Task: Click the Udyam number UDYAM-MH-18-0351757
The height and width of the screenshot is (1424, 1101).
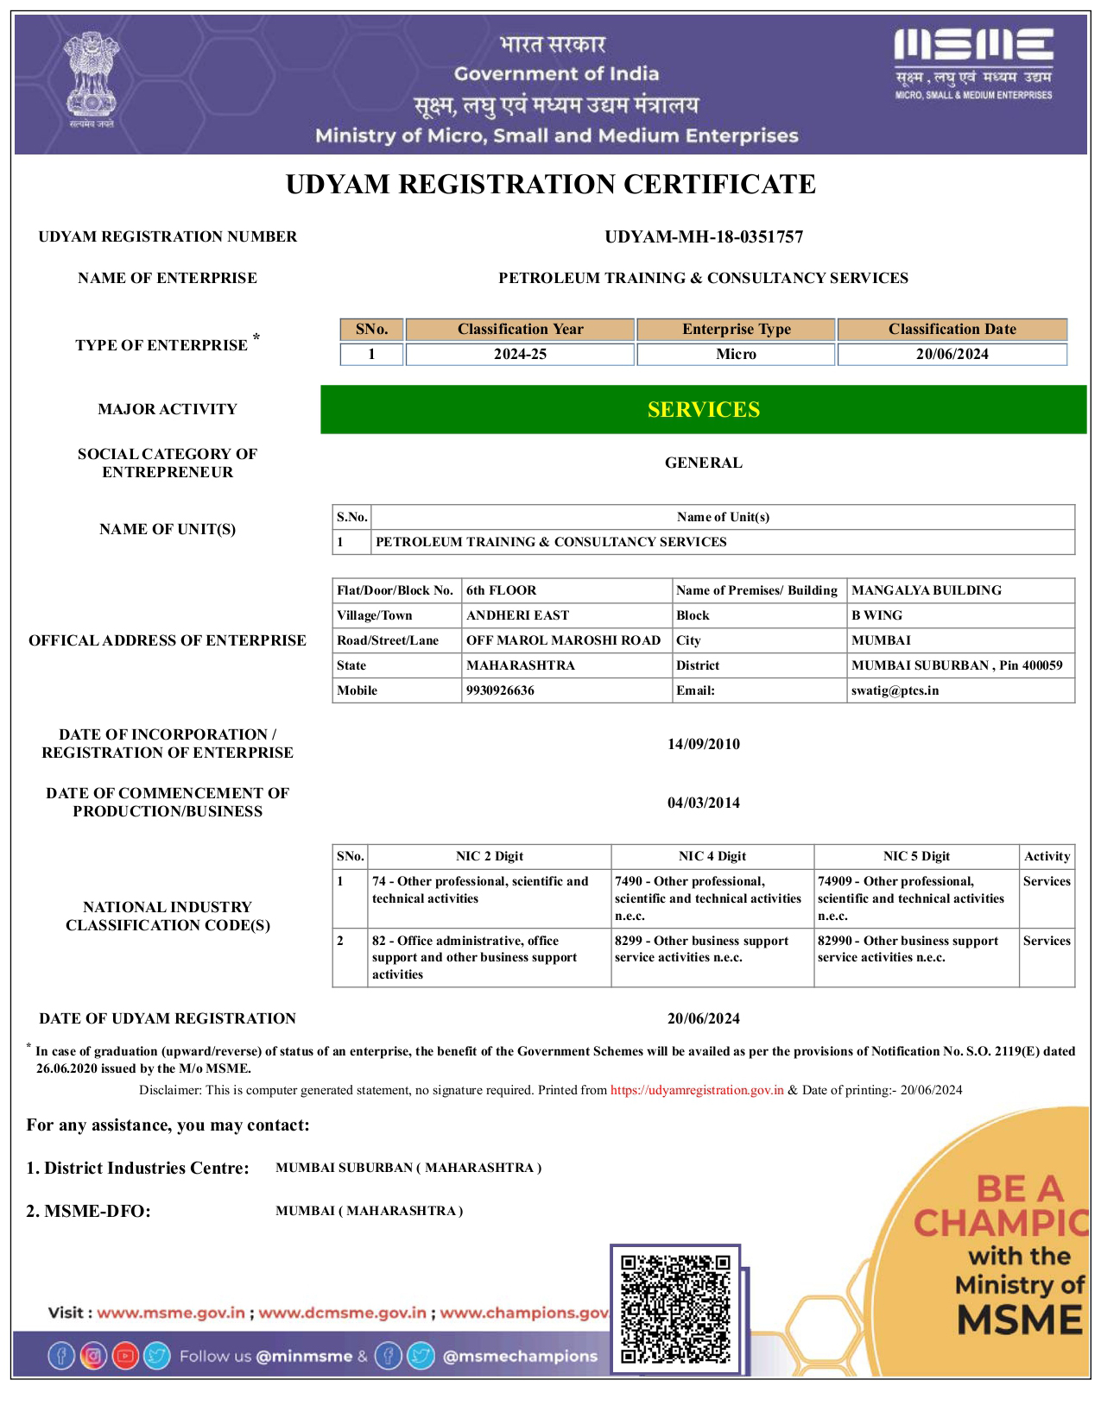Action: point(703,236)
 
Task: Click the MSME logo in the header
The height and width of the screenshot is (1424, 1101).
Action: point(973,63)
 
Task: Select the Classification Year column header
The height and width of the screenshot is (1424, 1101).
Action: point(520,329)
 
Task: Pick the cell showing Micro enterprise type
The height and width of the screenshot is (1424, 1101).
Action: point(736,354)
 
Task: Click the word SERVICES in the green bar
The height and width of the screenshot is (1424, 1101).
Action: point(703,409)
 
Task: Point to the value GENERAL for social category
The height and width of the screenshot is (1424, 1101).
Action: point(703,463)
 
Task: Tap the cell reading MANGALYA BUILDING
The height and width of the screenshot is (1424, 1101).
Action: point(927,590)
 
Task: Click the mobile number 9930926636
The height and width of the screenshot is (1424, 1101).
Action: point(500,690)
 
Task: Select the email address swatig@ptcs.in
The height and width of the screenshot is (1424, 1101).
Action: point(895,690)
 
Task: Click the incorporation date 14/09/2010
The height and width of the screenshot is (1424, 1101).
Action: point(703,744)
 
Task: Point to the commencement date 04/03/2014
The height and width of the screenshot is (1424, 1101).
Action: point(703,803)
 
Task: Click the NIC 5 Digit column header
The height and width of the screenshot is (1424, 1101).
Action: point(915,856)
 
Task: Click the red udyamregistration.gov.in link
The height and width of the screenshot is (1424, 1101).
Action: point(697,1090)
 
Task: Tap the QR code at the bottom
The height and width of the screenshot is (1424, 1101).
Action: point(675,1308)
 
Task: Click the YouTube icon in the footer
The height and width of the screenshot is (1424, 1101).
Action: point(125,1356)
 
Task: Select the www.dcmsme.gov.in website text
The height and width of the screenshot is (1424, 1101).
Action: point(342,1313)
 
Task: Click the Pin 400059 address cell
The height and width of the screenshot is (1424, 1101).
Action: point(957,665)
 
